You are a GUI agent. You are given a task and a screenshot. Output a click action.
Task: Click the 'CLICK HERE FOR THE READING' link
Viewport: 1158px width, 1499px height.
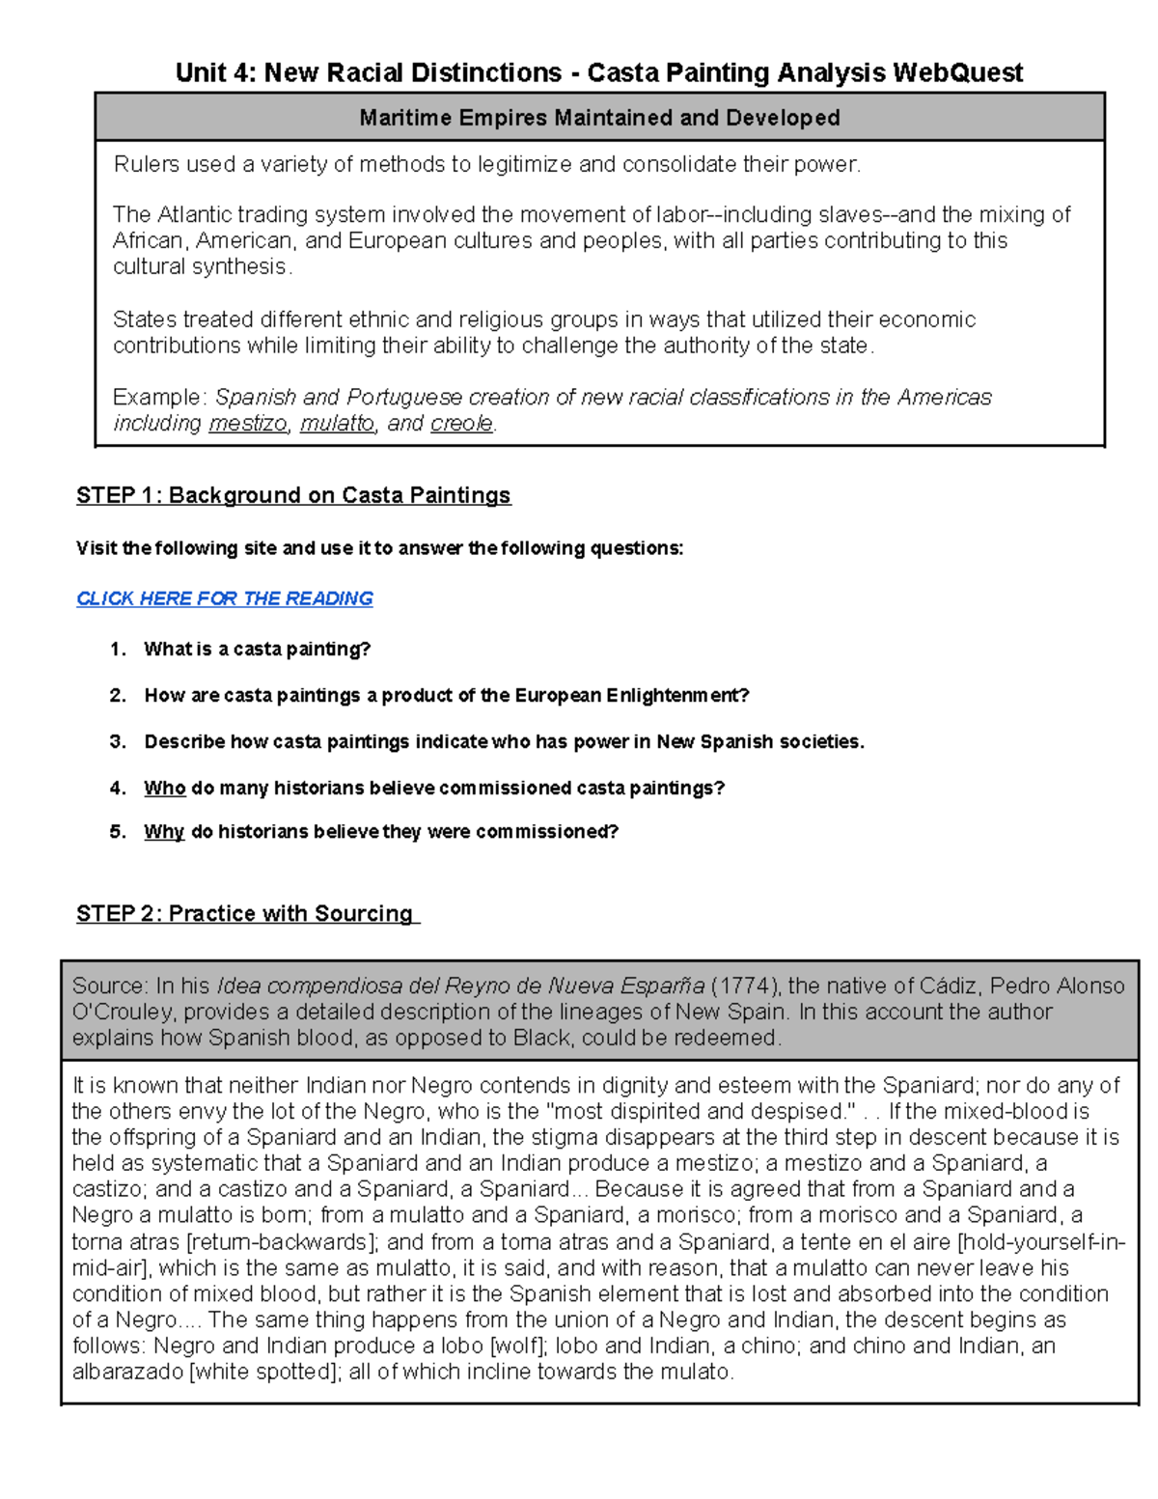[224, 598]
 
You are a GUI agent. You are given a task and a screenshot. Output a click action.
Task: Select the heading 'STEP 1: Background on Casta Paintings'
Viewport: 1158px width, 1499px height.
[293, 495]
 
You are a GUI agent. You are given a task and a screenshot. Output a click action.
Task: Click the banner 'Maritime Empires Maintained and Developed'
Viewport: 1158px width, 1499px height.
[599, 118]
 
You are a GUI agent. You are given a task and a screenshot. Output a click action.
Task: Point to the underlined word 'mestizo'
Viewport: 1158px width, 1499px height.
[248, 424]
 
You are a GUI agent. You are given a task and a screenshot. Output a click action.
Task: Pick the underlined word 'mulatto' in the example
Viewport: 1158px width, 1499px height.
[337, 424]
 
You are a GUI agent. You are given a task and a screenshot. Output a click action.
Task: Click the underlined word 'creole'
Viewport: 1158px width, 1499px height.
[461, 424]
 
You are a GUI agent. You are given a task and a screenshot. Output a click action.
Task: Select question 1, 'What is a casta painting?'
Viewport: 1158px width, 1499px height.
[257, 649]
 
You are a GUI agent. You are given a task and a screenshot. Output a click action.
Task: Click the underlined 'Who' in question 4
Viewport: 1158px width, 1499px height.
[164, 788]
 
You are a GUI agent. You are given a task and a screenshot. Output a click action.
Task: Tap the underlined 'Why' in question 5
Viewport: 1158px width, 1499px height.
[163, 831]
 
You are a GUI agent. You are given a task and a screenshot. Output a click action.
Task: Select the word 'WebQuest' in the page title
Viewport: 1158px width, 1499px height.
[957, 72]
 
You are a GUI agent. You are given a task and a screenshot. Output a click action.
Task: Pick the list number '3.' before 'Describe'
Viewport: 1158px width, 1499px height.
[118, 741]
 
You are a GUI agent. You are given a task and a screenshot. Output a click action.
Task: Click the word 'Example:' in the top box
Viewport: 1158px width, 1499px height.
[159, 398]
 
